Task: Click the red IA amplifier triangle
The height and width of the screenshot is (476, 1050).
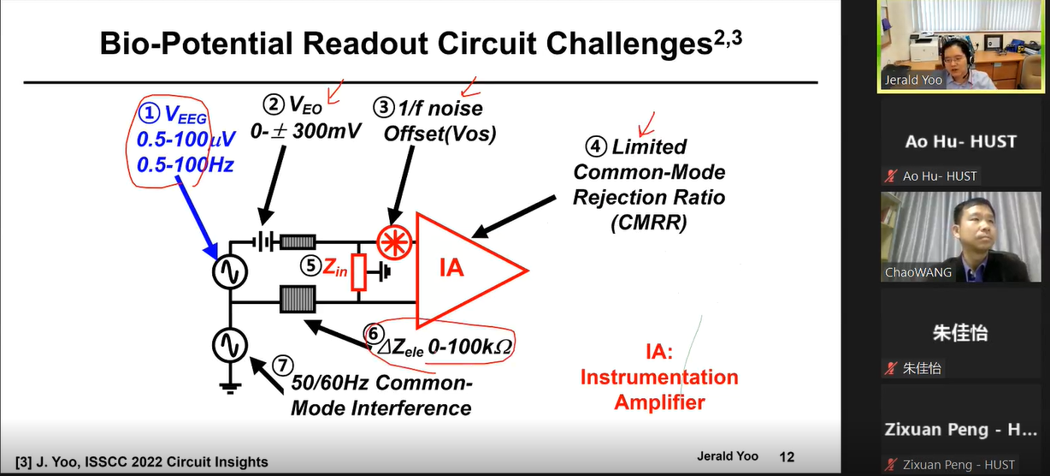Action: click(463, 269)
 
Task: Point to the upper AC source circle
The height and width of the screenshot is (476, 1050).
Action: click(228, 272)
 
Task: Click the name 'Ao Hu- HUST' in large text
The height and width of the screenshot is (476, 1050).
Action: click(960, 142)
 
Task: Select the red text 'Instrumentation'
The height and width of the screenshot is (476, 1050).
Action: click(659, 378)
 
